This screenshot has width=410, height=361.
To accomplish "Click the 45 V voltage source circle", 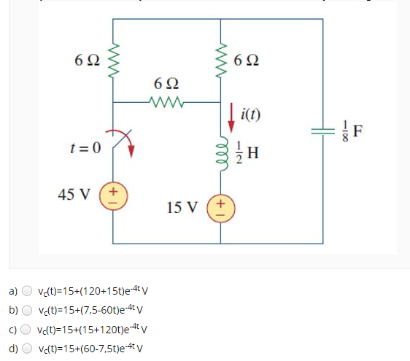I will point(113,195).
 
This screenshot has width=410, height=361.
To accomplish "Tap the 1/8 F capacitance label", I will point(357,133).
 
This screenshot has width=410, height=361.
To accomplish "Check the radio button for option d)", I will point(27,346).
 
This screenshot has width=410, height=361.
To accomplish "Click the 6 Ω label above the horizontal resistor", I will point(167,84).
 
